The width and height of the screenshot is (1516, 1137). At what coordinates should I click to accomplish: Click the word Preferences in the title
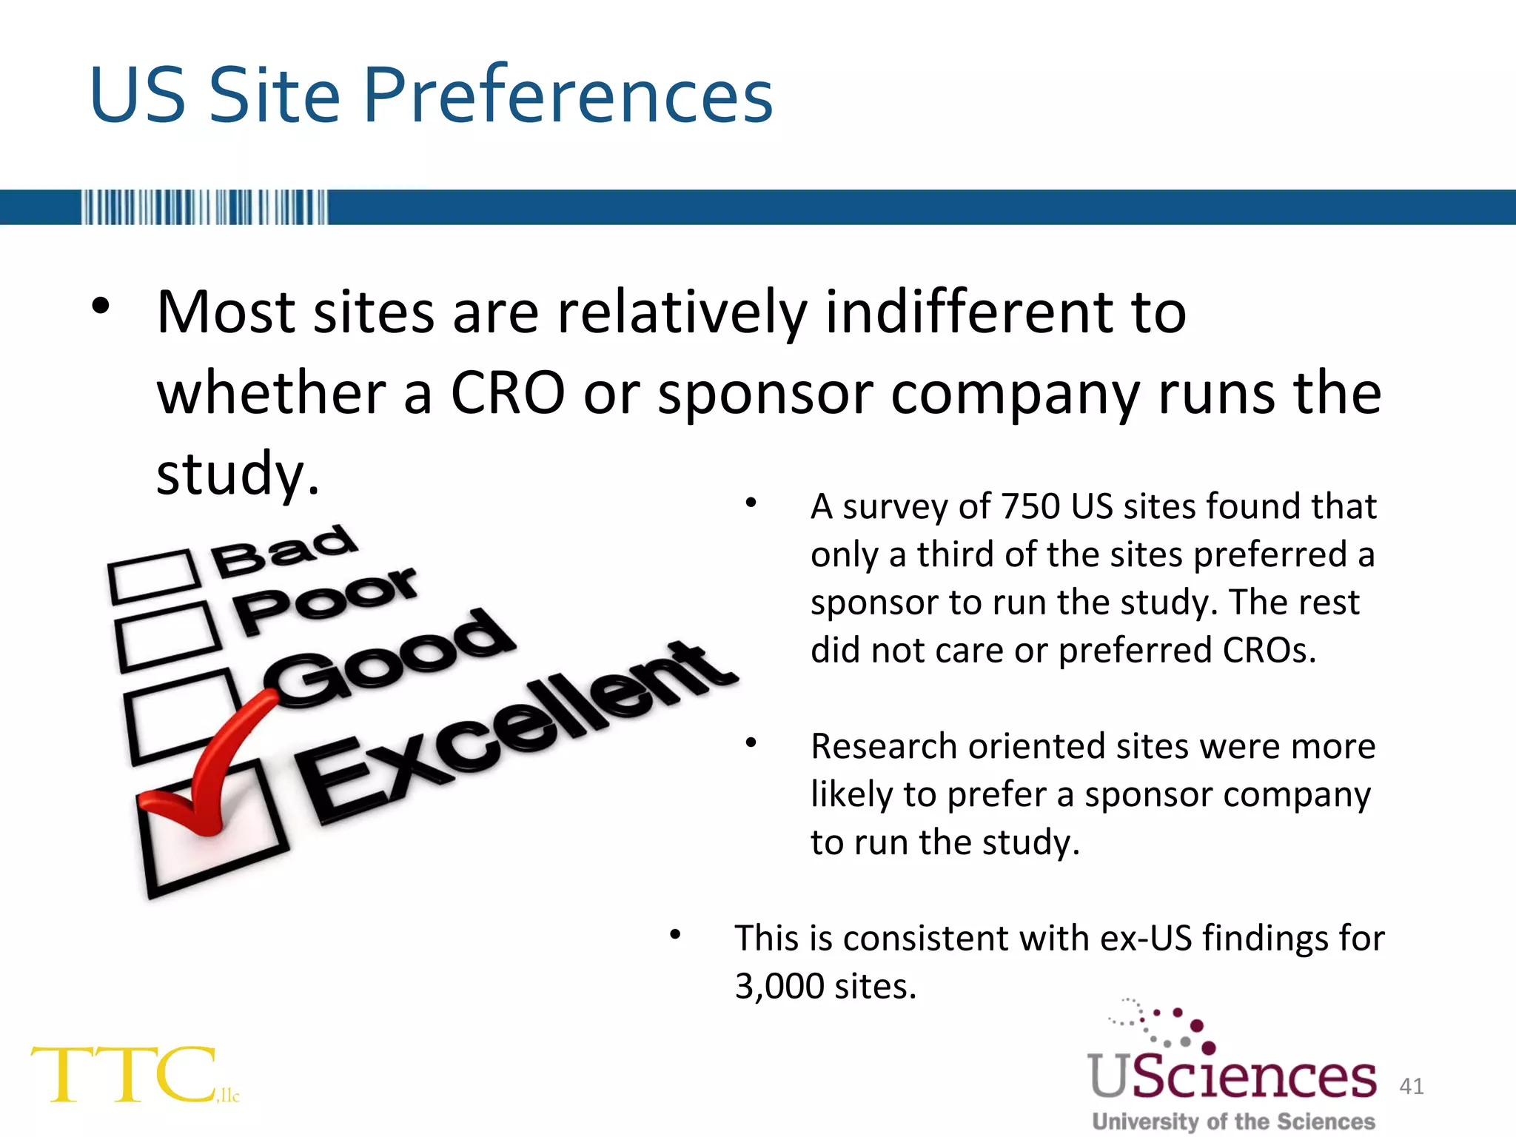567,96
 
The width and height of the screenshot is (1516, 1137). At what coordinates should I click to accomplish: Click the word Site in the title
274,96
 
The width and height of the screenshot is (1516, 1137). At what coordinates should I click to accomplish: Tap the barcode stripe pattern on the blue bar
204,207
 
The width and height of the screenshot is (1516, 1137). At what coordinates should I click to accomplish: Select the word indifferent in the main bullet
970,312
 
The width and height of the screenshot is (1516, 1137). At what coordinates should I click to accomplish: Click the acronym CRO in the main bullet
508,394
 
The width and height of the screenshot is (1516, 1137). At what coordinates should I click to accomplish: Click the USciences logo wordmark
1232,1076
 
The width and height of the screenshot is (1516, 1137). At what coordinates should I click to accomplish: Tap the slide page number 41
1412,1086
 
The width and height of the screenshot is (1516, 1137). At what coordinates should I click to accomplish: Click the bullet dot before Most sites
101,306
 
